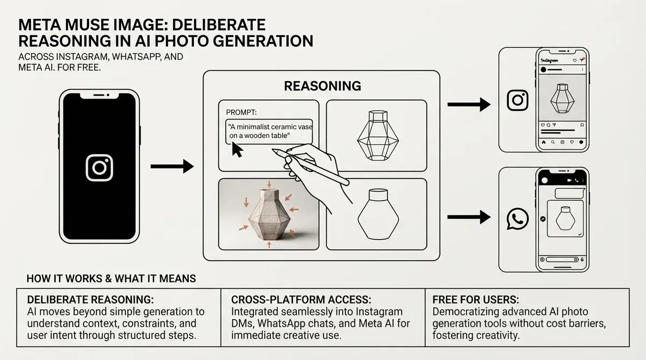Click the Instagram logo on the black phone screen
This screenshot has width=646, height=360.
(99, 168)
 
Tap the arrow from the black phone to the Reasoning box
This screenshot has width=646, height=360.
(172, 166)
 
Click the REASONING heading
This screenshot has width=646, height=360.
(322, 86)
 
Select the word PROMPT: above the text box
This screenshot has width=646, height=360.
(241, 112)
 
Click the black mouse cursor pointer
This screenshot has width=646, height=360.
(237, 150)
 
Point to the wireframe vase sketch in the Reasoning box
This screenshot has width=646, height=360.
(378, 135)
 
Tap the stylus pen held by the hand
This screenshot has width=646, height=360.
(310, 167)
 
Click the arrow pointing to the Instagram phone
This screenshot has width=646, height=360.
(469, 104)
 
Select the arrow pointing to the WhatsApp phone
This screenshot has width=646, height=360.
(469, 217)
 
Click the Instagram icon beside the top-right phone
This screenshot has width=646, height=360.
(518, 100)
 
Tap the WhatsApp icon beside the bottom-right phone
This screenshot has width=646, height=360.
(518, 219)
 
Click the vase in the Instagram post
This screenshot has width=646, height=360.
(563, 98)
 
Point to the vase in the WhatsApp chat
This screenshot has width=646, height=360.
(565, 218)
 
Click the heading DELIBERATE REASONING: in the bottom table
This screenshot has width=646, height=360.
(90, 300)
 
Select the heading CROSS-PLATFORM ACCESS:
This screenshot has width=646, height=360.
(301, 300)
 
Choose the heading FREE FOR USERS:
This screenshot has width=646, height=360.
(475, 300)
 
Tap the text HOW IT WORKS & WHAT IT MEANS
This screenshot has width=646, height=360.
(111, 279)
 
